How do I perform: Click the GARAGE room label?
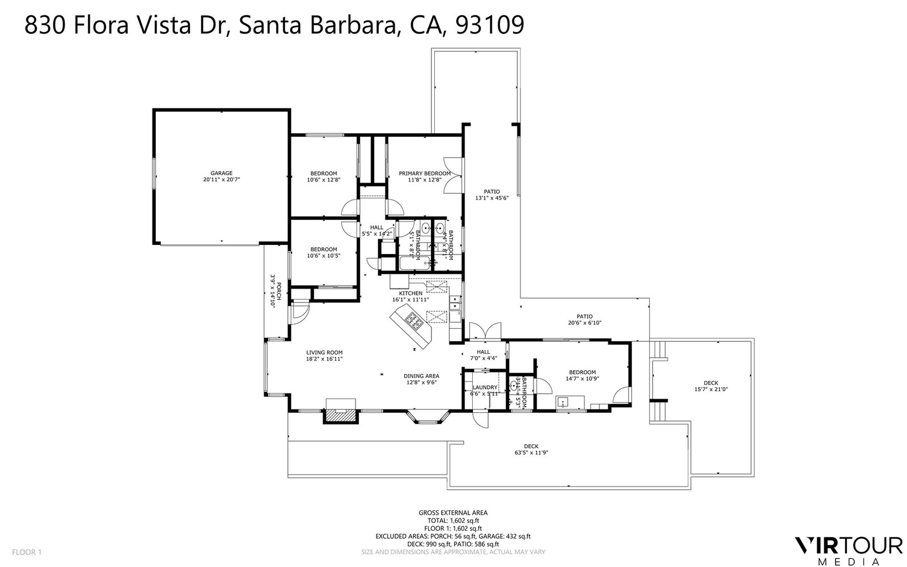(222, 173)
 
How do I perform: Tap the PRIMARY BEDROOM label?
(425, 174)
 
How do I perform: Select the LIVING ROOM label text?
(325, 352)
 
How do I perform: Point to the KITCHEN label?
(410, 293)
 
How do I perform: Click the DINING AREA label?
(421, 375)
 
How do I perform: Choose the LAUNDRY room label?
(485, 387)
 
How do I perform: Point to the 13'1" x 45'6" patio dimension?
(491, 198)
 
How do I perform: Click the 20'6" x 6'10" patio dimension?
(584, 323)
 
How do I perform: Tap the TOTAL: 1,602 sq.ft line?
(453, 520)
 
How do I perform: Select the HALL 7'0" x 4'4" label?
(483, 355)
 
